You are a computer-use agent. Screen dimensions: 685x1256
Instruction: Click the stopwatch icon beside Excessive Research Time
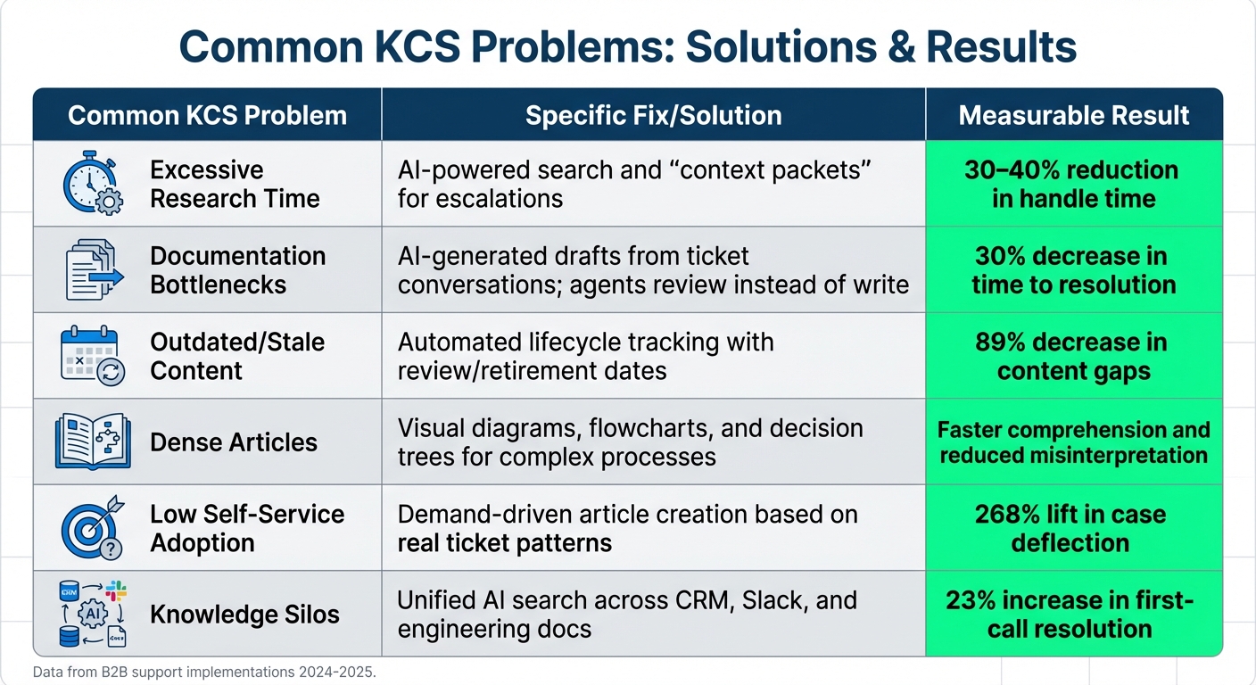point(93,183)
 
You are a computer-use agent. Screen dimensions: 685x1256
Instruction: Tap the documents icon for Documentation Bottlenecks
point(93,269)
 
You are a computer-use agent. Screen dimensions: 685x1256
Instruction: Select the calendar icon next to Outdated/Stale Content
point(93,355)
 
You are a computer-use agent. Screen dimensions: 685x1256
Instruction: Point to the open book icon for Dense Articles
point(93,442)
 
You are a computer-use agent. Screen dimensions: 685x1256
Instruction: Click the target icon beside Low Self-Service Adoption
point(93,528)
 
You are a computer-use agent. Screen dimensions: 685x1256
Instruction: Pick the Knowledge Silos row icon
point(93,614)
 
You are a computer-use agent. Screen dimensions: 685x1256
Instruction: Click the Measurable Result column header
point(1073,115)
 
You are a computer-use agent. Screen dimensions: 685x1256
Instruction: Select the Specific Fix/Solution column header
point(653,115)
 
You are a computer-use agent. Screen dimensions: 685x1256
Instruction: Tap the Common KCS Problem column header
point(207,115)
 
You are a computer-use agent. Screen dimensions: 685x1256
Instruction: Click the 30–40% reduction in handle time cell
point(1073,184)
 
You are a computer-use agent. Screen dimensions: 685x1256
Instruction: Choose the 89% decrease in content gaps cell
point(1073,356)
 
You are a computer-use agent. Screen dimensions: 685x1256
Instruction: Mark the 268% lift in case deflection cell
point(1073,528)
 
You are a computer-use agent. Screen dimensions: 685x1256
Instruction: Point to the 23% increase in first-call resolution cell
point(1073,614)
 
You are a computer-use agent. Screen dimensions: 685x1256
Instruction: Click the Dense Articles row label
point(234,442)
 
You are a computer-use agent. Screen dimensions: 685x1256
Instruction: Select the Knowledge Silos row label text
point(244,615)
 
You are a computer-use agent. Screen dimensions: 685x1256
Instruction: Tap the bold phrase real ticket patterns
point(504,543)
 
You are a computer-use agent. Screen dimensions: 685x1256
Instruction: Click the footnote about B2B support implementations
point(204,672)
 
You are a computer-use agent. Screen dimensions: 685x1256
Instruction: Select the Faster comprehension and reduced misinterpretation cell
point(1073,442)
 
